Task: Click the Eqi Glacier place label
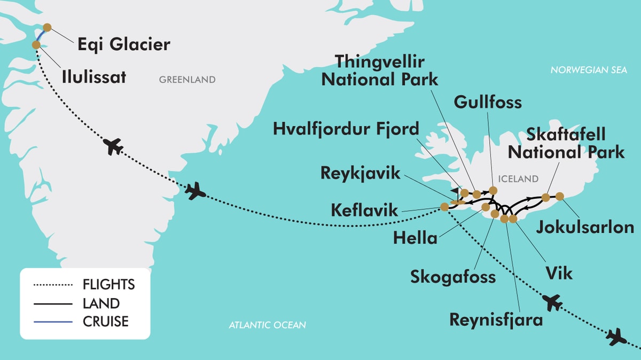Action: pyautogui.click(x=124, y=44)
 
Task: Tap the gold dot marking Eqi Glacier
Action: pyautogui.click(x=47, y=27)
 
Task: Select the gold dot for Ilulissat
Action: pyautogui.click(x=36, y=45)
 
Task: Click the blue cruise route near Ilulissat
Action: pyautogui.click(x=41, y=35)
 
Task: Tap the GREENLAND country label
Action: pyautogui.click(x=187, y=80)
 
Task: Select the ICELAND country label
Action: pyautogui.click(x=518, y=178)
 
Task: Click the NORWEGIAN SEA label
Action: pyautogui.click(x=589, y=70)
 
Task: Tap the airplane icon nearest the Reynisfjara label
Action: pyautogui.click(x=552, y=303)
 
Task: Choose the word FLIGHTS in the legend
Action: pyautogui.click(x=109, y=284)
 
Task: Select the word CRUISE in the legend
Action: pyautogui.click(x=106, y=322)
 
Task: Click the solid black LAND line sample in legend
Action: pyautogui.click(x=52, y=303)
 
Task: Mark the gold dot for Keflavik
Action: pyautogui.click(x=444, y=207)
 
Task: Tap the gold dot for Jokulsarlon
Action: pyautogui.click(x=560, y=196)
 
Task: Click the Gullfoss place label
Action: pyautogui.click(x=487, y=102)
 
